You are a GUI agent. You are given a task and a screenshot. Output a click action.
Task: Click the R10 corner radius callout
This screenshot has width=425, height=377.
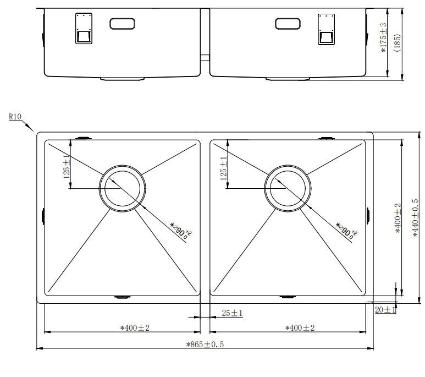click(15, 117)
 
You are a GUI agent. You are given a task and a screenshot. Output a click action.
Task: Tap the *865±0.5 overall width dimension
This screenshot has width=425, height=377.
click(205, 345)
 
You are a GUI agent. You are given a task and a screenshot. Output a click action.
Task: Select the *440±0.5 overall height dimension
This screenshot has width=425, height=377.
click(415, 218)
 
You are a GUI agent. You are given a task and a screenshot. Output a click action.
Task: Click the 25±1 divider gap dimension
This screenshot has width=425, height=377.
click(232, 313)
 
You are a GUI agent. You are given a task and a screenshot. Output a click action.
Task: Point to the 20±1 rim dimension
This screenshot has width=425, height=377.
click(385, 310)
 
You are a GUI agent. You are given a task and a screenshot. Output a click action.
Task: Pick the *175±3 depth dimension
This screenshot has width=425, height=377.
click(384, 38)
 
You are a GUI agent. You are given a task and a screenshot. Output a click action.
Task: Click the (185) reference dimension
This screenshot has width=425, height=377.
click(397, 42)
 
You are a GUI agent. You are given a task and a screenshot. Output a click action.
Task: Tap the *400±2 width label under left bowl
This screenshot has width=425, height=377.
click(135, 328)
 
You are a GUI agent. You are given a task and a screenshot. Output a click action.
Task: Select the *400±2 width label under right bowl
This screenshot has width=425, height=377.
click(300, 328)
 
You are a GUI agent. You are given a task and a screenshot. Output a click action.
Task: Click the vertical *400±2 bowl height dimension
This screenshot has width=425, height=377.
click(398, 218)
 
